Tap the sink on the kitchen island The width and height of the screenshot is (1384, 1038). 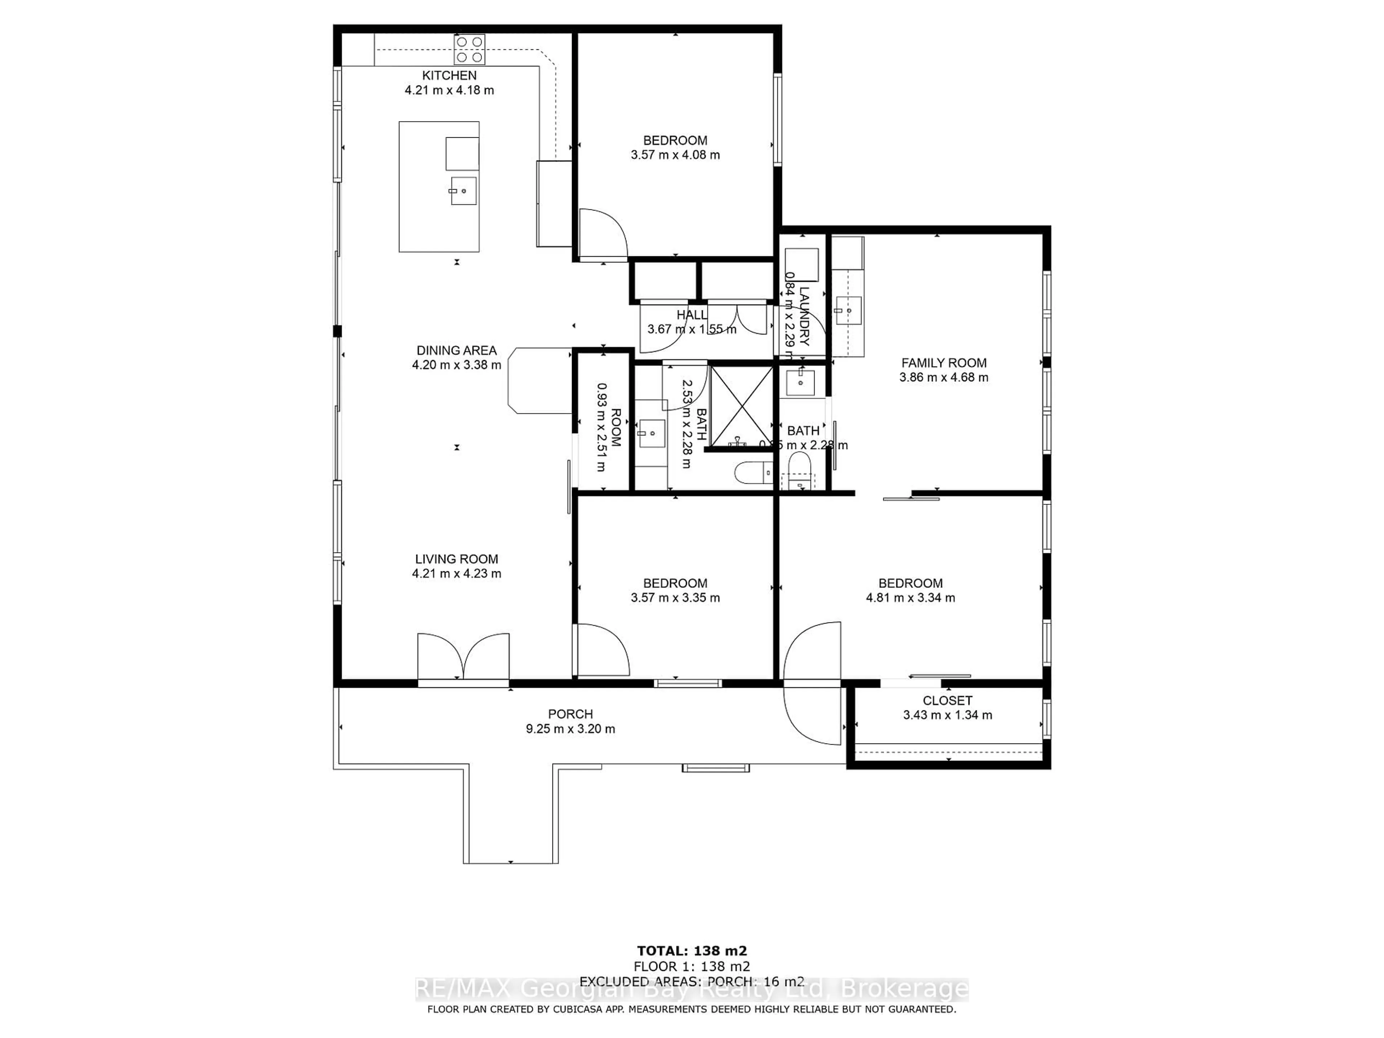(463, 191)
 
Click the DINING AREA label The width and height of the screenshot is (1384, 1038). (456, 350)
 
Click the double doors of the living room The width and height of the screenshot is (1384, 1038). (463, 657)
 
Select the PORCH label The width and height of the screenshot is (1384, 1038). (570, 714)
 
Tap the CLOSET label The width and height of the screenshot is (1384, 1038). (947, 701)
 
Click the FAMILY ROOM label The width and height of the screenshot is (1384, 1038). (944, 363)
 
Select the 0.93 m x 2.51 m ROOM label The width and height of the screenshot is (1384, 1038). (608, 427)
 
